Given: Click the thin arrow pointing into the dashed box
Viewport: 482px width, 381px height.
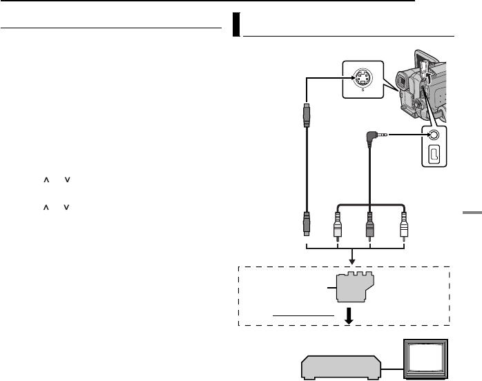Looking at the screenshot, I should point(354,257).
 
